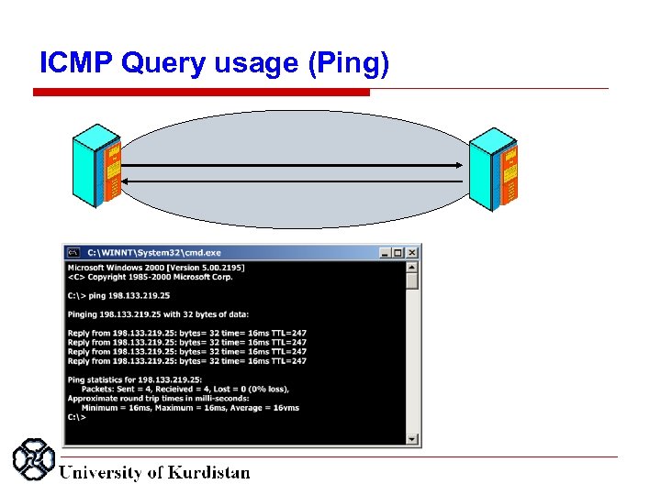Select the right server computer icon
click(x=494, y=168)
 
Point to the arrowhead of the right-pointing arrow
click(x=458, y=165)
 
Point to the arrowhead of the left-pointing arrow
click(x=126, y=181)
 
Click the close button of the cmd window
click(x=412, y=252)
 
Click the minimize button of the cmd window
click(x=386, y=252)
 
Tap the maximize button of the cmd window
click(x=398, y=252)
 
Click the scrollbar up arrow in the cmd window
click(x=412, y=268)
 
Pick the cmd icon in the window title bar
click(x=73, y=252)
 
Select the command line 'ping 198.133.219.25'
click(x=118, y=295)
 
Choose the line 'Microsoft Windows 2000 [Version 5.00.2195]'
click(x=156, y=268)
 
